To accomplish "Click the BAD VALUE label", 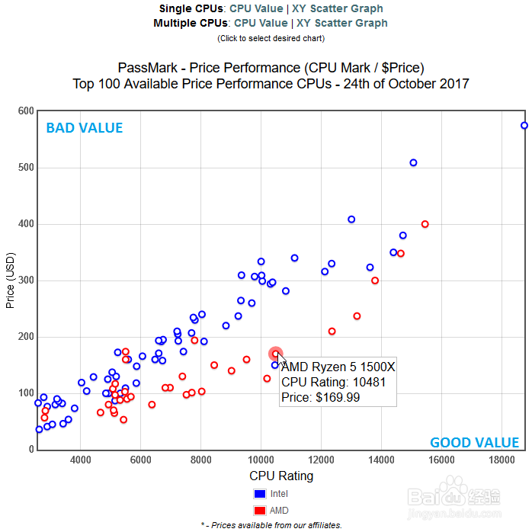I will tap(84, 128).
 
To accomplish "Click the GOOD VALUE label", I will tap(474, 443).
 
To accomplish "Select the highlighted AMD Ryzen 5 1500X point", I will tap(276, 354).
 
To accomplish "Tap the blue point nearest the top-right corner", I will tap(524, 126).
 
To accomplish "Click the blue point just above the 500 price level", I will tap(413, 162).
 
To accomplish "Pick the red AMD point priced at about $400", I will tap(425, 224).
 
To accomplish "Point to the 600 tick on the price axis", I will tap(26, 111).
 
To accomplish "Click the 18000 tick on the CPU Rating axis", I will tap(502, 460).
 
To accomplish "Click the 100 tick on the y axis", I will tap(26, 393).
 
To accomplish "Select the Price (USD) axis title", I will tap(10, 282).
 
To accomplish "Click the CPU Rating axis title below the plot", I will tap(281, 476).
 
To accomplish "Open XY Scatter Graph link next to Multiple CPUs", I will tap(342, 23).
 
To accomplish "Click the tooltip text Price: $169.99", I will tap(321, 397).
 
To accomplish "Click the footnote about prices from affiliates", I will tap(271, 524).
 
